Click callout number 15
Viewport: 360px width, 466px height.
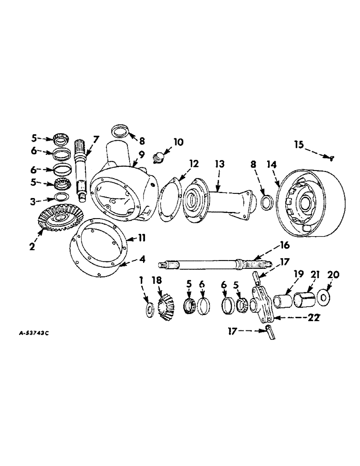coord(299,146)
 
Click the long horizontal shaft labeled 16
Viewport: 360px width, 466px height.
coord(205,266)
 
